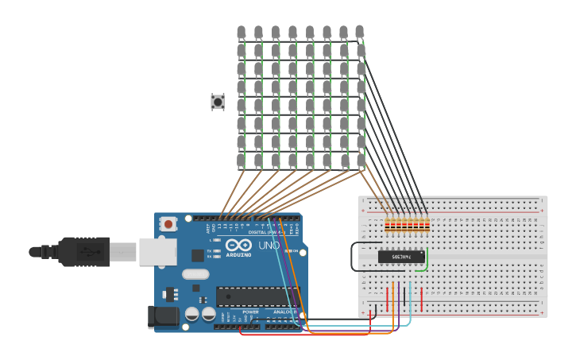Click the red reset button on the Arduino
[x=168, y=224]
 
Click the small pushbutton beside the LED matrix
[x=217, y=102]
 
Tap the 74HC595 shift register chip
[x=400, y=257]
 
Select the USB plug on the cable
[x=83, y=252]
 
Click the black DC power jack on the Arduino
[x=164, y=317]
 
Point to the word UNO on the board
[x=269, y=246]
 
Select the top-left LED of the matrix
[x=241, y=33]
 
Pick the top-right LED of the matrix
[x=359, y=32]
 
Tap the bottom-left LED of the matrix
[x=241, y=161]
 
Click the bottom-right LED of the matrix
[x=361, y=161]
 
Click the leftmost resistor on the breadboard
[x=388, y=226]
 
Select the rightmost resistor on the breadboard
[x=427, y=226]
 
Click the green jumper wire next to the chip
[x=426, y=261]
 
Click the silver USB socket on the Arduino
[x=157, y=251]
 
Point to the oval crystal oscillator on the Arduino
[x=195, y=274]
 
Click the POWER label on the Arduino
[x=250, y=312]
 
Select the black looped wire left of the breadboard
[x=353, y=256]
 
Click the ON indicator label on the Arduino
[x=294, y=250]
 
